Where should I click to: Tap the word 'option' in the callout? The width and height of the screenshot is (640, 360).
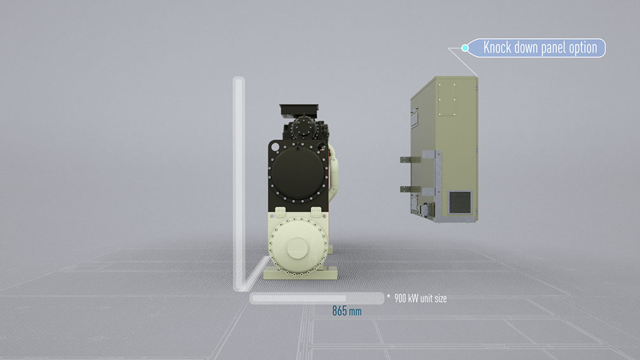[x=583, y=48]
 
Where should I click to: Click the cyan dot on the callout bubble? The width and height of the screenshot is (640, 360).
[x=465, y=48]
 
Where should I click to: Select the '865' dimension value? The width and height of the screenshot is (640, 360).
[x=339, y=311]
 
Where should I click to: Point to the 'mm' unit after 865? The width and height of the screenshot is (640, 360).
[x=355, y=312]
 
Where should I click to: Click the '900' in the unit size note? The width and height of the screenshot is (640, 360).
[x=400, y=298]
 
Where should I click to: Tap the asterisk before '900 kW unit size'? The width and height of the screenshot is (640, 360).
[x=389, y=296]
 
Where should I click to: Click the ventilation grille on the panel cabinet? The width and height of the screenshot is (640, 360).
[x=460, y=203]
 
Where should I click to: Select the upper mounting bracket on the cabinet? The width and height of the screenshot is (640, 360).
[x=410, y=159]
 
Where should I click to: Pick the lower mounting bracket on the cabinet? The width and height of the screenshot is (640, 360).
[x=410, y=189]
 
